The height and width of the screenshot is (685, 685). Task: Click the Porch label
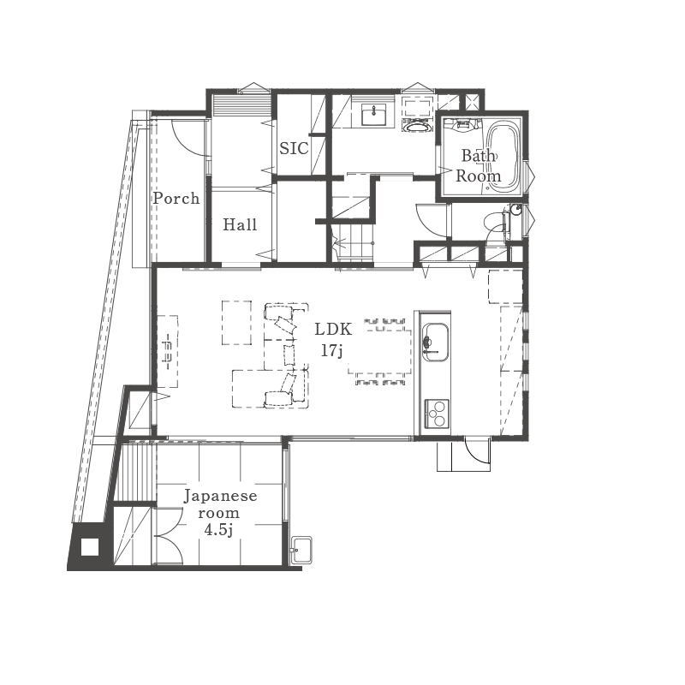176,199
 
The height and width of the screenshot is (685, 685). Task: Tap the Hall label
240,224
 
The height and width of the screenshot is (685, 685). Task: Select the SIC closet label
294,148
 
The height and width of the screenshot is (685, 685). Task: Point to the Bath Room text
479,166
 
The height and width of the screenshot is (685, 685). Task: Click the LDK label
333,330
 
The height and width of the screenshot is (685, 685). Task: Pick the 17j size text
331,350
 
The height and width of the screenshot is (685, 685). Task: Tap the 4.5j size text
218,530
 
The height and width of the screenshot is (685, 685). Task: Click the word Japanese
220,497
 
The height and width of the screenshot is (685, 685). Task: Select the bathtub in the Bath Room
503,156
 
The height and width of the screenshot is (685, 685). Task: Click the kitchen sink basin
436,342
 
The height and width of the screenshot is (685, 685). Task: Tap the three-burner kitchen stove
437,414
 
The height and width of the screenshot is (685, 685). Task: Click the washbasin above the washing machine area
374,116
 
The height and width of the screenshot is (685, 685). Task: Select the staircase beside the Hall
352,242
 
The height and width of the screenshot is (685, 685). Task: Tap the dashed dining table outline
380,352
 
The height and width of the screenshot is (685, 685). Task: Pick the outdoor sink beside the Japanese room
301,550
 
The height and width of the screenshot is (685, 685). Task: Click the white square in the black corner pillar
90,547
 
